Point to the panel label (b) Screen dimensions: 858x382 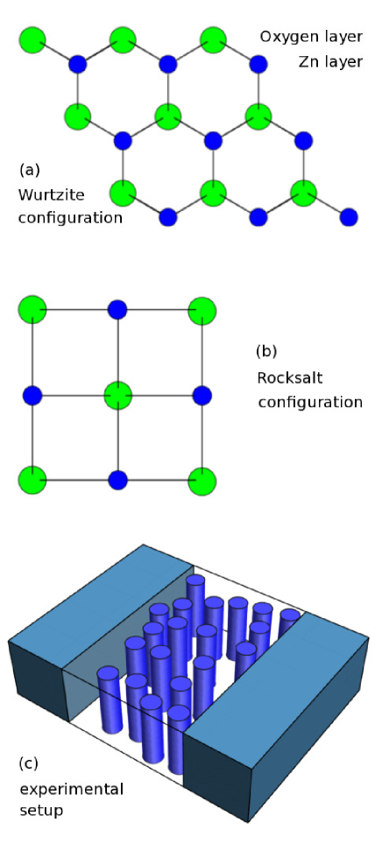pos(266,352)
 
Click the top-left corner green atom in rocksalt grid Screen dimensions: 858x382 pos(32,309)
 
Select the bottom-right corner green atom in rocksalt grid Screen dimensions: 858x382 pos(202,480)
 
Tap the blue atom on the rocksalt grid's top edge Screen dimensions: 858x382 pos(117,309)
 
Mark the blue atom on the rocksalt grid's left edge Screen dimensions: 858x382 pos(32,395)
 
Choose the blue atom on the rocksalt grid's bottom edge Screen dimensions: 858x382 pos(117,480)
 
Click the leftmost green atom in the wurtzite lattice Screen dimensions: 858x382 pos(32,39)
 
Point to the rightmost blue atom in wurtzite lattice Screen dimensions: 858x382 pos(348,215)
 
